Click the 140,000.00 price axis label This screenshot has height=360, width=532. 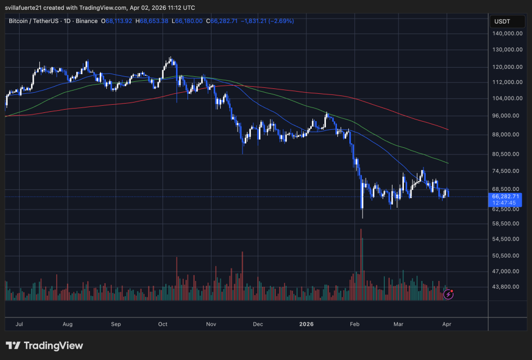tap(506, 33)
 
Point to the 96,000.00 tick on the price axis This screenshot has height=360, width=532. tap(506, 116)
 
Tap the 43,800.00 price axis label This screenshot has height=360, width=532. tap(506, 287)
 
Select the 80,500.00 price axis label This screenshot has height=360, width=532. tap(506, 154)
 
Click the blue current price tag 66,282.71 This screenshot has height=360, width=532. tap(506, 196)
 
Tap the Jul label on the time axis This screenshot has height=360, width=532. tap(20, 324)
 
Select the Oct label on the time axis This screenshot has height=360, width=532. tap(162, 324)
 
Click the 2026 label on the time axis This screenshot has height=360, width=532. tap(306, 324)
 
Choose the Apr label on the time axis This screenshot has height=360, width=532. tap(446, 324)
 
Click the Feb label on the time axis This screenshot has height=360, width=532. tap(355, 324)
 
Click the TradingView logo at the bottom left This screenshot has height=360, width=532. tap(44, 346)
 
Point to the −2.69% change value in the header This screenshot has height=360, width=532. tap(282, 21)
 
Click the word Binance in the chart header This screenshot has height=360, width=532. tap(86, 21)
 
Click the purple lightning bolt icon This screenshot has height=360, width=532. tap(448, 295)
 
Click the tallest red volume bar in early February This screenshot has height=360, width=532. tap(361, 265)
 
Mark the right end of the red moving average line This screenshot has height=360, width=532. tap(448, 129)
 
